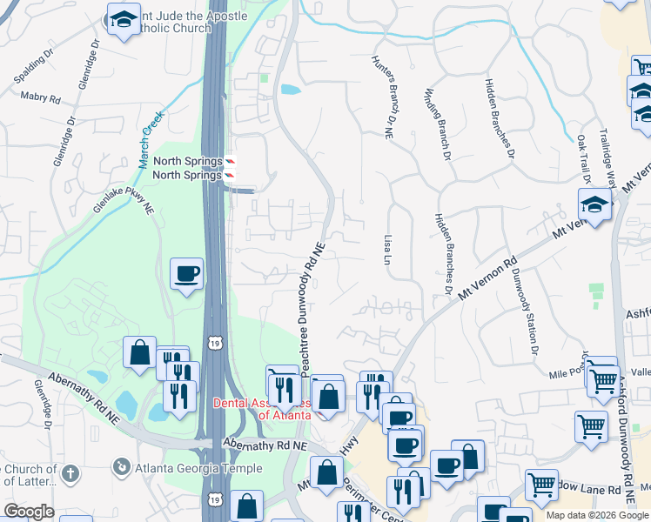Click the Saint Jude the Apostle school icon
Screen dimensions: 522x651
click(x=124, y=19)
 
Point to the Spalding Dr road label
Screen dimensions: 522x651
click(x=34, y=70)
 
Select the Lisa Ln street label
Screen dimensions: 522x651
click(x=386, y=248)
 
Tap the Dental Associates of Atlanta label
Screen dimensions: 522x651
click(x=262, y=408)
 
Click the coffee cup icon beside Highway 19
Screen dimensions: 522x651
click(x=187, y=274)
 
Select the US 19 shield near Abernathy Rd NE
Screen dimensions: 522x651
click(x=214, y=344)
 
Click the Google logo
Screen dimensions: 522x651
click(x=29, y=512)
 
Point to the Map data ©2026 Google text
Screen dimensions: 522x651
click(x=597, y=515)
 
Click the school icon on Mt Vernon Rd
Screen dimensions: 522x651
click(x=594, y=205)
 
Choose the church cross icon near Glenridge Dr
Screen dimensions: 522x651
click(x=70, y=475)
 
